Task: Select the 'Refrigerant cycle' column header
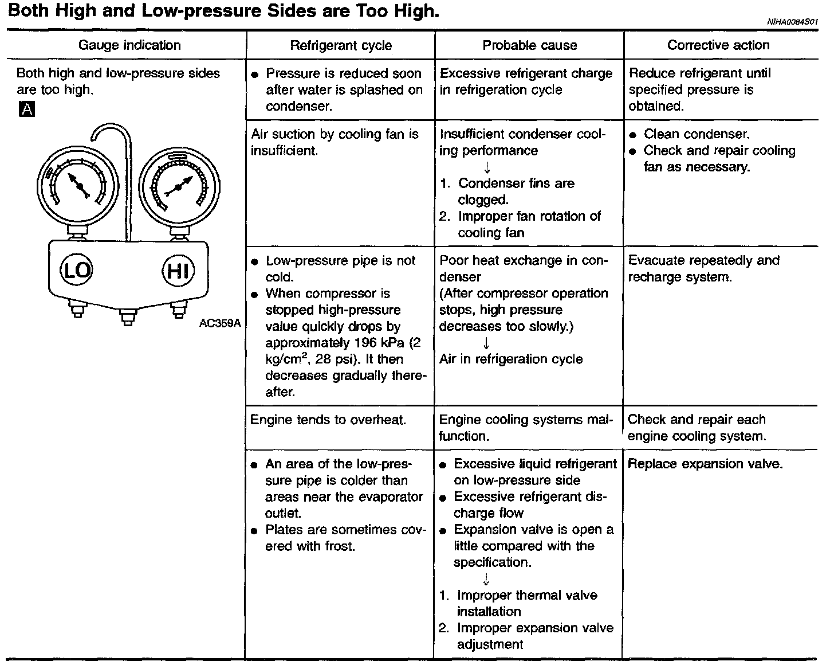coord(341,45)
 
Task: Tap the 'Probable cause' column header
coord(529,45)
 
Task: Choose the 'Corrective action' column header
coord(718,45)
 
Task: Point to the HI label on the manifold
coord(178,270)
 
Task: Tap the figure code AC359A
coord(220,323)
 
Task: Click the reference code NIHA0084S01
coord(793,22)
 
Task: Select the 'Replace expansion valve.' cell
coord(705,464)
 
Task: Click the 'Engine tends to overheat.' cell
coord(328,420)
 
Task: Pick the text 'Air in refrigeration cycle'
coord(511,359)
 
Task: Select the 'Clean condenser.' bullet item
coord(696,134)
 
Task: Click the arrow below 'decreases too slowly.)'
coord(486,343)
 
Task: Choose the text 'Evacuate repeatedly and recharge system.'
coord(703,268)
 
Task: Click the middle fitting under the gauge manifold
coord(128,316)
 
